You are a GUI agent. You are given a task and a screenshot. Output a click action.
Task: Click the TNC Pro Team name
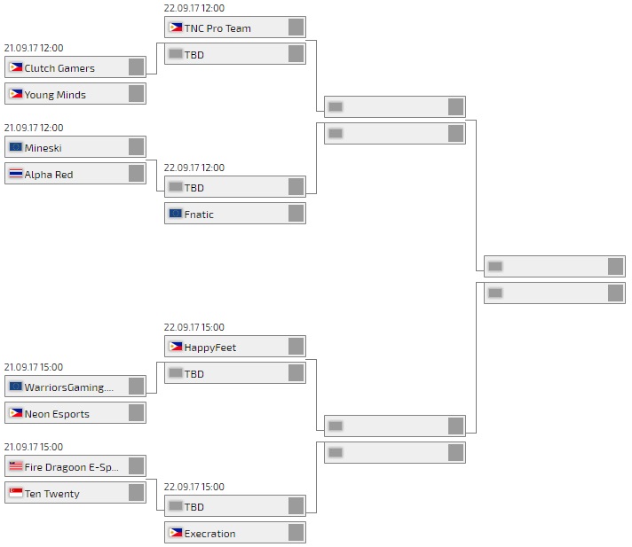click(x=217, y=28)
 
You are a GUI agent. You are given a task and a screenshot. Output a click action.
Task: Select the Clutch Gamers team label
click(x=59, y=68)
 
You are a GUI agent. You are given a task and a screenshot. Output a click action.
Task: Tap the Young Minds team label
click(x=55, y=95)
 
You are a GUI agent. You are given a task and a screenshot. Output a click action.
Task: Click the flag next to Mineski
click(x=16, y=147)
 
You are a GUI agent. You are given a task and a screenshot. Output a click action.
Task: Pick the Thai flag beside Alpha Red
click(x=16, y=174)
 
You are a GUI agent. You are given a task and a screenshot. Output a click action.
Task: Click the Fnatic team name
click(x=199, y=215)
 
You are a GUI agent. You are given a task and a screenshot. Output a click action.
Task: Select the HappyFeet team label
click(x=210, y=348)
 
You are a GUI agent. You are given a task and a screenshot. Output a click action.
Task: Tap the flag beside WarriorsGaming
click(x=16, y=387)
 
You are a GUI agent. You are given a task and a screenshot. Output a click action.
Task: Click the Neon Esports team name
click(x=57, y=414)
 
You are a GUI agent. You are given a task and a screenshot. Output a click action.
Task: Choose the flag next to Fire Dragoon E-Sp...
click(x=16, y=466)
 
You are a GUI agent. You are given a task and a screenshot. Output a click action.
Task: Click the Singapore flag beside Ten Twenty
click(x=16, y=493)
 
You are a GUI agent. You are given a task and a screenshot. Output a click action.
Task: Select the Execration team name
click(x=210, y=534)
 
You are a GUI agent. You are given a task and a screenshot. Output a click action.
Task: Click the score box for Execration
click(x=296, y=533)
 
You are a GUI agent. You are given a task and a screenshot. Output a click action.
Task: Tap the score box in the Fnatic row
click(x=296, y=214)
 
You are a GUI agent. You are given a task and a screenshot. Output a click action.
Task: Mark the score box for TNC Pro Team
click(x=296, y=27)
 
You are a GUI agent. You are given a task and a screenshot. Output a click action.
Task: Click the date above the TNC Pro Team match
click(x=194, y=8)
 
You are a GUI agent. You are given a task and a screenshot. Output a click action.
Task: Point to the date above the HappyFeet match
click(x=194, y=327)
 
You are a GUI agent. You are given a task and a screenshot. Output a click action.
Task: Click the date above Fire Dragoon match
click(x=34, y=447)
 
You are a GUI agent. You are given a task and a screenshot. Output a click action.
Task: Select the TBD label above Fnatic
click(x=194, y=188)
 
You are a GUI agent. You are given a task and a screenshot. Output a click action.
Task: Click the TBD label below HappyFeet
click(x=194, y=374)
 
